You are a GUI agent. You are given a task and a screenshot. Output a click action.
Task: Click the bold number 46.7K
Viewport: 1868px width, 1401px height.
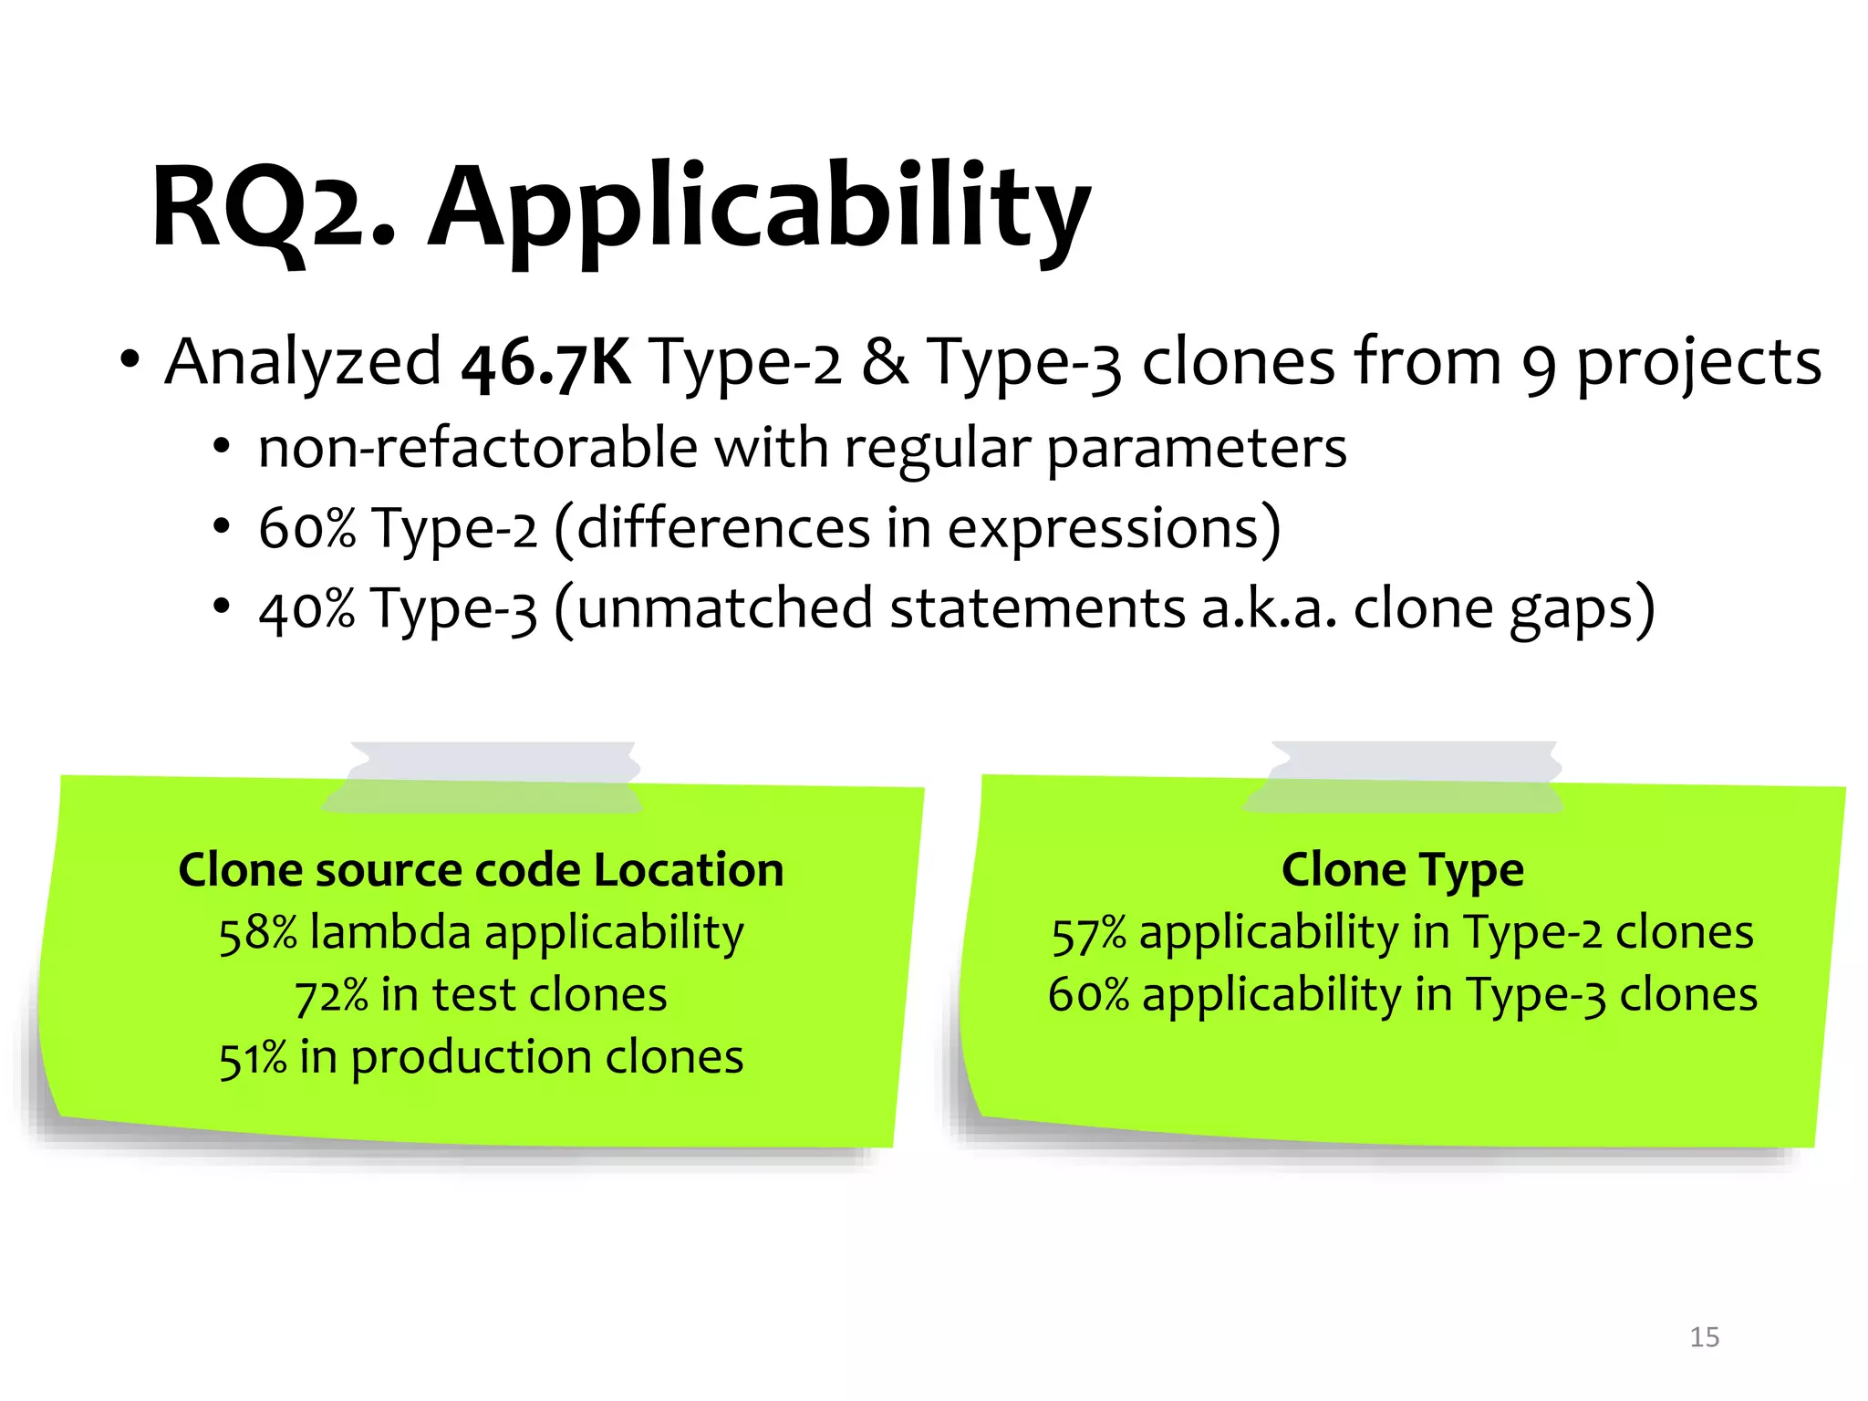tap(545, 363)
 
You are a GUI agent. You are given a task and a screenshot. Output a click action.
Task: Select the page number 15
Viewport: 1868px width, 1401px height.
tap(1704, 1337)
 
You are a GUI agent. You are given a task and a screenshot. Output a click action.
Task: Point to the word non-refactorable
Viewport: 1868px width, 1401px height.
tap(478, 449)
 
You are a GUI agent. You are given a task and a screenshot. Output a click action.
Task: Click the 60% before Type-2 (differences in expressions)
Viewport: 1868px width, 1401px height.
tap(306, 529)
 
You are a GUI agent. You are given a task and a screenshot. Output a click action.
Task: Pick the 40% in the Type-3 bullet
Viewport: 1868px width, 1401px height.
tap(306, 609)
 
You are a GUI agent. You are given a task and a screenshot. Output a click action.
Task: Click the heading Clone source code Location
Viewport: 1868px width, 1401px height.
tap(481, 869)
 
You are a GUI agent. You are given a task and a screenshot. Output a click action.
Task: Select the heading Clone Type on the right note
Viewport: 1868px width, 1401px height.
tap(1402, 869)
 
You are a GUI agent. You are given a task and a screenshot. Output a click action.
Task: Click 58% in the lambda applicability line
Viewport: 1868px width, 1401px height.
tap(257, 934)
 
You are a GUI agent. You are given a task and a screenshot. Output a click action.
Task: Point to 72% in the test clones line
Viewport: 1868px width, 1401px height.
tap(331, 996)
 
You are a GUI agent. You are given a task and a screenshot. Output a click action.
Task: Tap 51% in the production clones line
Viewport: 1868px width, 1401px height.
tap(253, 1059)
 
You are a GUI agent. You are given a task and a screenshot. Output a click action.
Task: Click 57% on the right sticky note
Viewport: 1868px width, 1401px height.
tap(1088, 934)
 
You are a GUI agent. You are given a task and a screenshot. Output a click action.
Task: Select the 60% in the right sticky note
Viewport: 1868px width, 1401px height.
tap(1088, 996)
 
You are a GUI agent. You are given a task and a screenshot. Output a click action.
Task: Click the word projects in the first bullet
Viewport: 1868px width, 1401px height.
tap(1698, 363)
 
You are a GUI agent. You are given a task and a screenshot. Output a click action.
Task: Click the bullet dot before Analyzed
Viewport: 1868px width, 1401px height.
tap(130, 360)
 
